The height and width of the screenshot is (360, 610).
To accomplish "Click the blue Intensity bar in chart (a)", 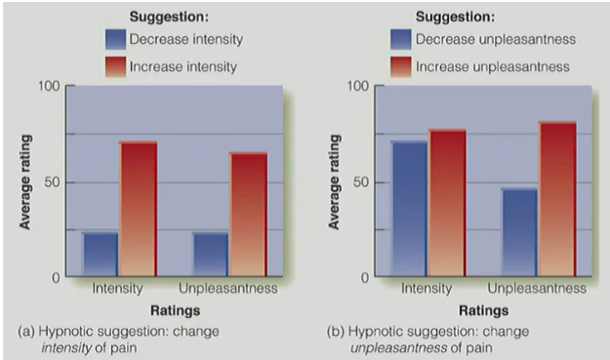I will [100, 254].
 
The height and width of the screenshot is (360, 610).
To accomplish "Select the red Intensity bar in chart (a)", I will [139, 209].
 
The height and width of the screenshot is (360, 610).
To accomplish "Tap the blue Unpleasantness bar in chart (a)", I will [210, 254].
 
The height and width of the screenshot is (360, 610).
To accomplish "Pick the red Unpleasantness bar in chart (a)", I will [249, 214].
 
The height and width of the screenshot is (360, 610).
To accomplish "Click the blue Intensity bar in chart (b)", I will [409, 209].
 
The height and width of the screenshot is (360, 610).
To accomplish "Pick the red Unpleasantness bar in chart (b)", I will [558, 199].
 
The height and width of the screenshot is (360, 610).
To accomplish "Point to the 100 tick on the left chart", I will [48, 87].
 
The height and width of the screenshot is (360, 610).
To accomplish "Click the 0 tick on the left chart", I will [55, 277].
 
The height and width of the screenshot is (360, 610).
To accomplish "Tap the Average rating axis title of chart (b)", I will [334, 181].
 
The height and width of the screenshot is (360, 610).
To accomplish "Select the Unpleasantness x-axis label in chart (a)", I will [228, 290].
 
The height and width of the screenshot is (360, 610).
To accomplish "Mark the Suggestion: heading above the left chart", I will [173, 17].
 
